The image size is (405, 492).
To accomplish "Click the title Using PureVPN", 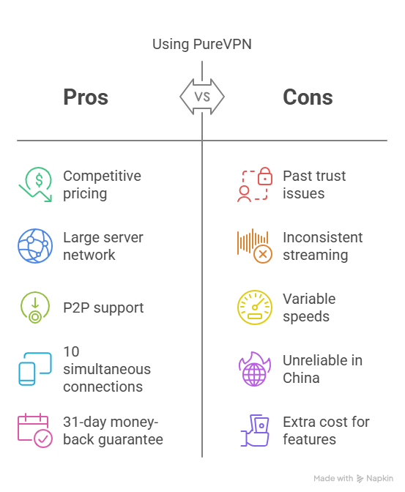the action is click(x=202, y=44).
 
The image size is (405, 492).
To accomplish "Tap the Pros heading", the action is click(x=86, y=97).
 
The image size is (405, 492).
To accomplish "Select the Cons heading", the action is click(x=308, y=97).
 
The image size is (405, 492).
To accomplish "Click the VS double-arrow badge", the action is click(x=202, y=97).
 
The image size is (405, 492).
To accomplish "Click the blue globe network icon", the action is click(x=35, y=246).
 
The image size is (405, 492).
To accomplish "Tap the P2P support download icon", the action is click(x=35, y=307).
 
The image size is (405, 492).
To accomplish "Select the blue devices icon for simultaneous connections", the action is click(x=35, y=369).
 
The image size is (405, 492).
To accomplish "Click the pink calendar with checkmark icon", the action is click(x=35, y=430).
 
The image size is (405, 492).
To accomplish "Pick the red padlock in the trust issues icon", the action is click(x=265, y=176).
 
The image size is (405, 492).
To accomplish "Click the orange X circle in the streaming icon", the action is click(x=263, y=254).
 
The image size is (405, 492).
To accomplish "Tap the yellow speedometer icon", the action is click(x=255, y=307).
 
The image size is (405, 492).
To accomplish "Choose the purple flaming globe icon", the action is click(x=254, y=369).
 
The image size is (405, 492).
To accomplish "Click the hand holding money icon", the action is click(x=255, y=430).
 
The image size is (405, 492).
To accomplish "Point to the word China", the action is click(x=301, y=378).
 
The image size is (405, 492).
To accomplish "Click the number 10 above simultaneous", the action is click(x=71, y=351).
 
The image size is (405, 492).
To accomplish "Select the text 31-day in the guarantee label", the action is click(x=83, y=422).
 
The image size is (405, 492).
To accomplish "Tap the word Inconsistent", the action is click(x=322, y=237).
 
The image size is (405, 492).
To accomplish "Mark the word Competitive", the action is click(x=102, y=176).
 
